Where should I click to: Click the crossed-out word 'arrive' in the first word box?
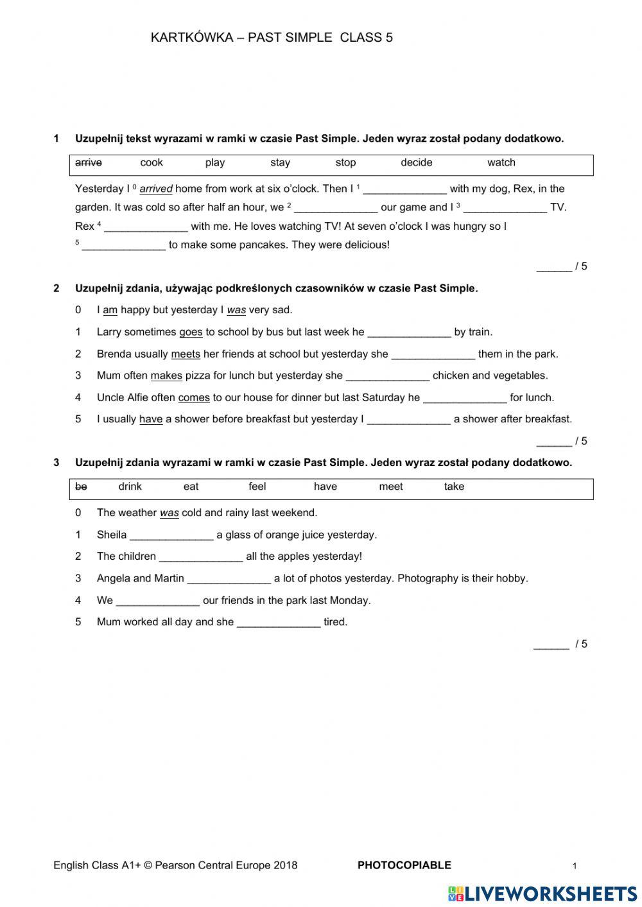click(x=89, y=163)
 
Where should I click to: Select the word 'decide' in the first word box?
click(x=416, y=163)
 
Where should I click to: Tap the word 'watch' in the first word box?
click(x=501, y=163)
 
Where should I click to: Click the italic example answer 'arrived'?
click(x=156, y=189)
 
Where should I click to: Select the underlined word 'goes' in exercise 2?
click(x=191, y=333)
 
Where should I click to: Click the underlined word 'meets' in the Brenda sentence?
click(x=186, y=354)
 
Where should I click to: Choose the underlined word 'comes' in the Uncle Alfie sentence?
click(x=194, y=398)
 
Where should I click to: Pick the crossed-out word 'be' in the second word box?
click(x=81, y=487)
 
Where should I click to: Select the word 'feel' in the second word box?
click(x=257, y=487)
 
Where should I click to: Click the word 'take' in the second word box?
click(x=454, y=487)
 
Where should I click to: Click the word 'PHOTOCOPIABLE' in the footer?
click(x=404, y=865)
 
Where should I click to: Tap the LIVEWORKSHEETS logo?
click(x=542, y=893)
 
